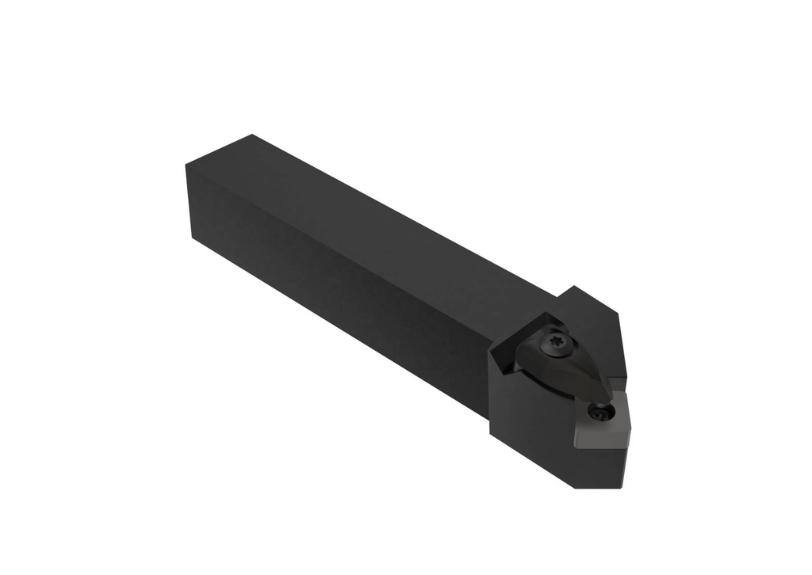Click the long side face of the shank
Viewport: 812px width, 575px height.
point(333,277)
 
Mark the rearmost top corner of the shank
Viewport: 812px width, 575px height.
point(251,135)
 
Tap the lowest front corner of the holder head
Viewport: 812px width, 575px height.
point(578,486)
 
